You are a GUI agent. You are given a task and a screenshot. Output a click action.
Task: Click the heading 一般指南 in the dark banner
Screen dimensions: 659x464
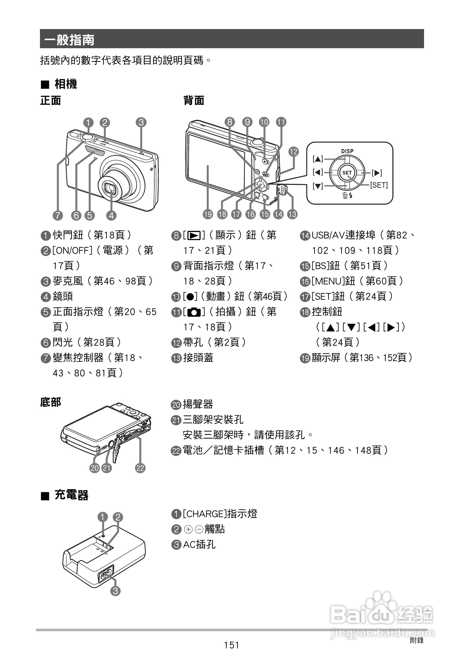point(69,40)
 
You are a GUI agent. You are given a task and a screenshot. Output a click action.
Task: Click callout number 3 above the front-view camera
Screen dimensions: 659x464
point(141,122)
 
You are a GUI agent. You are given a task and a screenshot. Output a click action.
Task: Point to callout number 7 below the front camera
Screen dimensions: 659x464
point(58,216)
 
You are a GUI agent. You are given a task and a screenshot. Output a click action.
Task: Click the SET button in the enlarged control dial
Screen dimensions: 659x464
point(347,173)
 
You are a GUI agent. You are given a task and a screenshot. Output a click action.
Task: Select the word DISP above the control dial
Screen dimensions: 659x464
point(347,151)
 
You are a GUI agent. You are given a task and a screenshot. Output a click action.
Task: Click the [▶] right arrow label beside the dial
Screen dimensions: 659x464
point(377,173)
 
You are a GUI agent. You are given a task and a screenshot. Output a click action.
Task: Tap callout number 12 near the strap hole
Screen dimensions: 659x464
point(293,152)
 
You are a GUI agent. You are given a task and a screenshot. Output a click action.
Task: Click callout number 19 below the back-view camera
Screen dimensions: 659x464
point(208,214)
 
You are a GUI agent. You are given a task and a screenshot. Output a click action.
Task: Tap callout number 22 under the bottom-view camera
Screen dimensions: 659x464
point(140,468)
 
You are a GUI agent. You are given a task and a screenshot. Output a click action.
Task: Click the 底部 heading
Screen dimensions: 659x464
point(50,402)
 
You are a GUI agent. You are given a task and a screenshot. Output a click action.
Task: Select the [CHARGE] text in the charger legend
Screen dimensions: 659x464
point(205,514)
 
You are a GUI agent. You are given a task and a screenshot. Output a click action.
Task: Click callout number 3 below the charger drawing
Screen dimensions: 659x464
point(115,591)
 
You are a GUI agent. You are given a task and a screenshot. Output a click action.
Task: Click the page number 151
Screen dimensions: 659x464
point(231,645)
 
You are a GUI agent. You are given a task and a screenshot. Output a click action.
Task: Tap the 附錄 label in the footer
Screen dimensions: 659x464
point(417,640)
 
